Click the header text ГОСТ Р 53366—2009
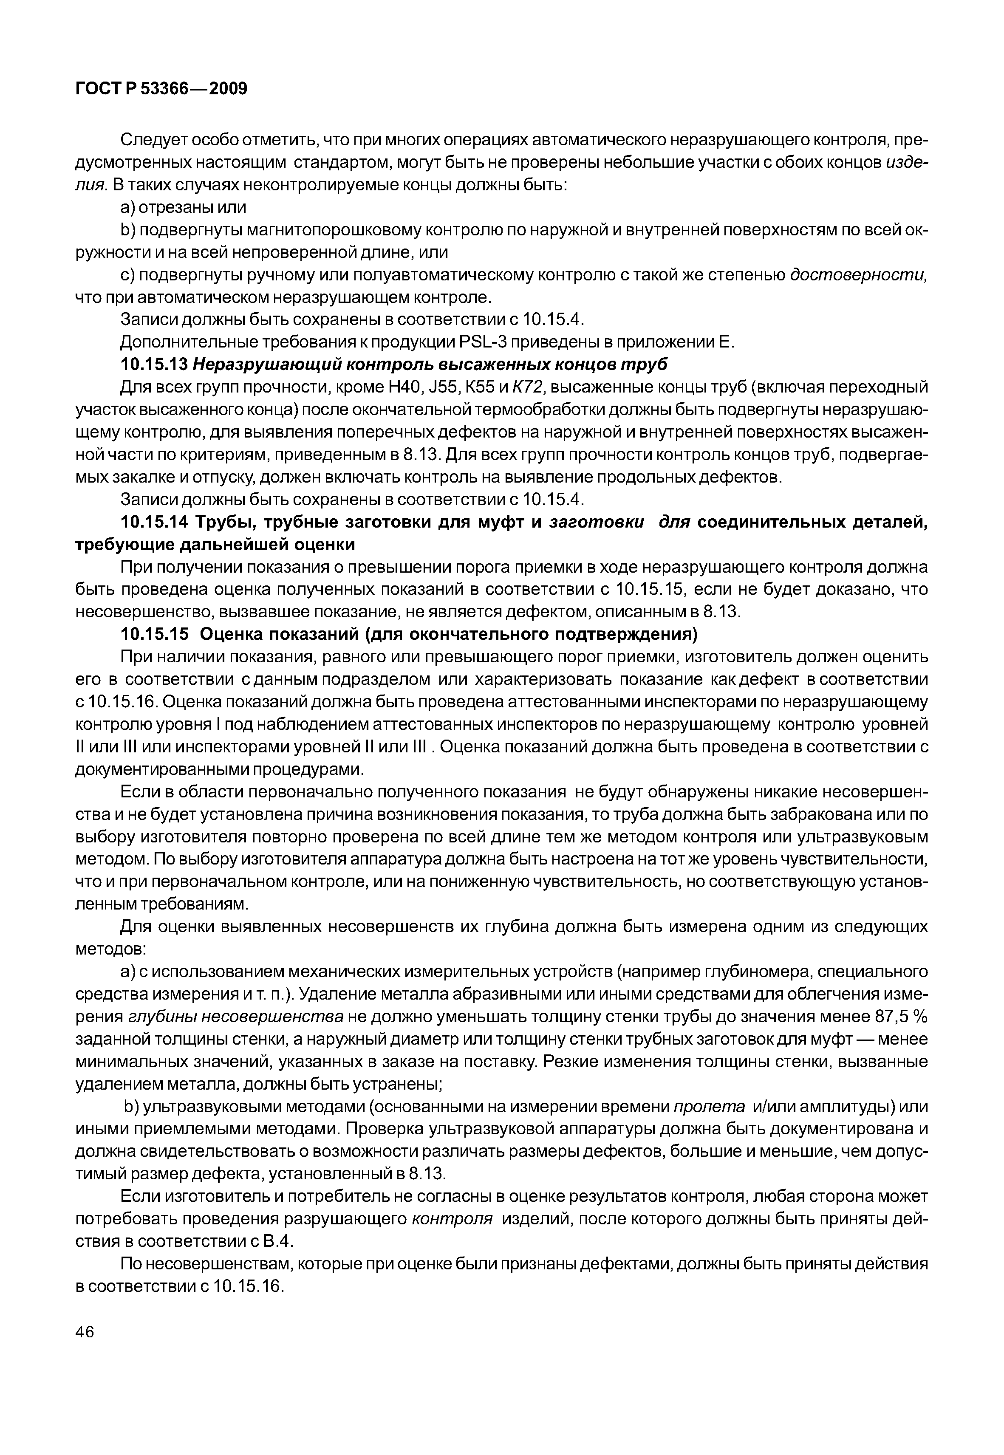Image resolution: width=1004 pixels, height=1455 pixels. [x=161, y=89]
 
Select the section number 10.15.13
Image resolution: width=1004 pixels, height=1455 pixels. [x=153, y=364]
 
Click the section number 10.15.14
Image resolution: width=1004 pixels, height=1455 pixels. [x=153, y=522]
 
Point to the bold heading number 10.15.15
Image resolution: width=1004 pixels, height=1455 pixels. [x=153, y=634]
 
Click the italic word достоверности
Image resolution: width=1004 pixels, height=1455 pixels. [x=859, y=275]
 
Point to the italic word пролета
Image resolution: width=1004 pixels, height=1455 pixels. [x=709, y=1107]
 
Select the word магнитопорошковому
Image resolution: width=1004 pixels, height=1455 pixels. [x=335, y=230]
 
